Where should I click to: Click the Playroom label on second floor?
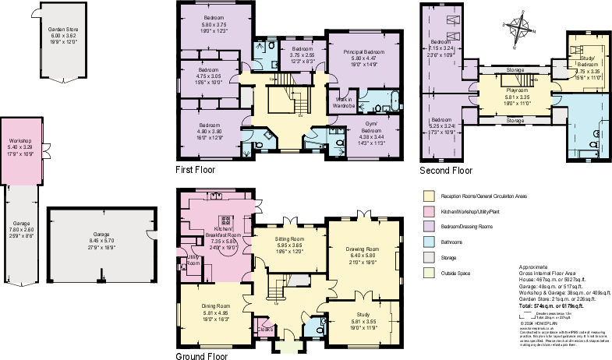click(x=508, y=91)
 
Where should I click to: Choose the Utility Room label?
click(x=193, y=259)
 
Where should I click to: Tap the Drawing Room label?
click(x=363, y=249)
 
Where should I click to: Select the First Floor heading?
click(x=196, y=169)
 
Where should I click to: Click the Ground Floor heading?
click(x=202, y=355)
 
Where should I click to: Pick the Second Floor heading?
click(x=446, y=170)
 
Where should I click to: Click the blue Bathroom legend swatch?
click(x=428, y=242)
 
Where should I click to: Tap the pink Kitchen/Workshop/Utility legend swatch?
click(x=428, y=211)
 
